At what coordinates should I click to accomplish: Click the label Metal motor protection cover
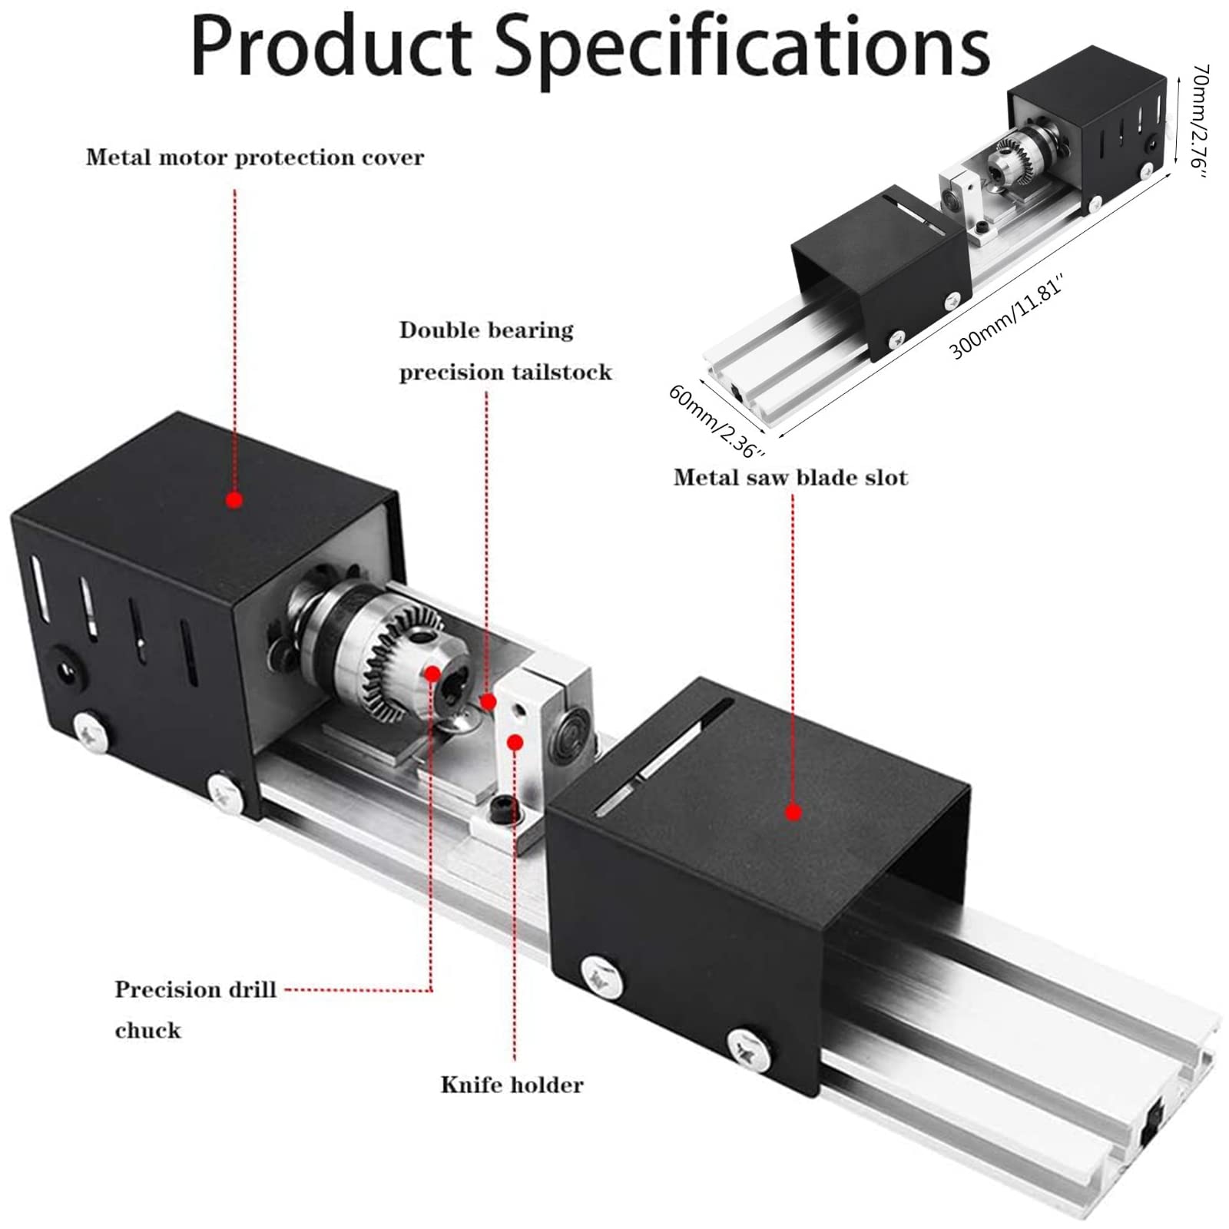click(x=255, y=157)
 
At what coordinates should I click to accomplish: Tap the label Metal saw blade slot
click(x=790, y=477)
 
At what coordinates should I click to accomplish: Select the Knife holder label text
click(x=512, y=1085)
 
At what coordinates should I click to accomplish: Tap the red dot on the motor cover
click(x=235, y=500)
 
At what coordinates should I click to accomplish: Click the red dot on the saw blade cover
click(x=794, y=812)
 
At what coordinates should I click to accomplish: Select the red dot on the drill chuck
click(x=432, y=674)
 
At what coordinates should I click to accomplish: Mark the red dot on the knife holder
click(x=516, y=742)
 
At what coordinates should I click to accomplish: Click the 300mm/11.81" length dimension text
click(x=1007, y=316)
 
